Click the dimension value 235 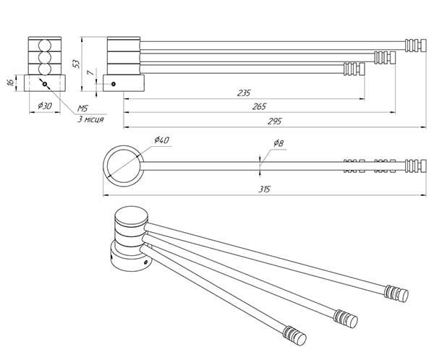244,93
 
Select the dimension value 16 9,82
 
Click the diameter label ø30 45,106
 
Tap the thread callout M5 85,108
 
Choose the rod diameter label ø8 278,143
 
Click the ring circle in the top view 122,164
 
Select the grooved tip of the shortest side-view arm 353,70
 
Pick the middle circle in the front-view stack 45,56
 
